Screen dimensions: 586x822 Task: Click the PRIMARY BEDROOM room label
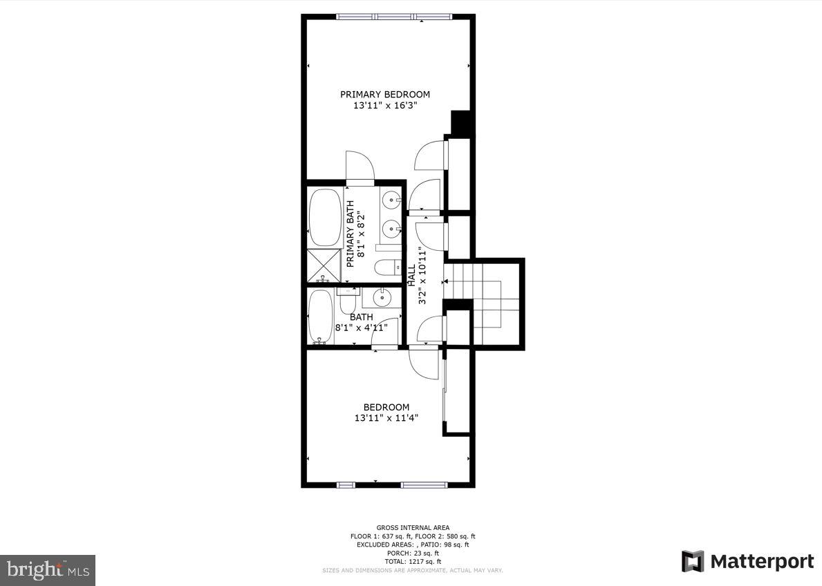pos(384,95)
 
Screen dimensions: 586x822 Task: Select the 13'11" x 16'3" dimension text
pos(384,106)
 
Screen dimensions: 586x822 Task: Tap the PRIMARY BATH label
pos(351,234)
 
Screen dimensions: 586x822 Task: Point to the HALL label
pos(411,275)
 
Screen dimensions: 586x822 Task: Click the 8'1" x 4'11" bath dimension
pos(361,328)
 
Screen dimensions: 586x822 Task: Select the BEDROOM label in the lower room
pos(386,408)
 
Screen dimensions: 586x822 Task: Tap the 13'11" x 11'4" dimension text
pos(386,418)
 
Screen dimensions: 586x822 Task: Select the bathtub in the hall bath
pos(320,316)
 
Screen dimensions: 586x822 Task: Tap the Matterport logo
pos(747,561)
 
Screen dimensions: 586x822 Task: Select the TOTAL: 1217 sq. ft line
pos(412,562)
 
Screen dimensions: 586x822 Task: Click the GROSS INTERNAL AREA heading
pos(412,527)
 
